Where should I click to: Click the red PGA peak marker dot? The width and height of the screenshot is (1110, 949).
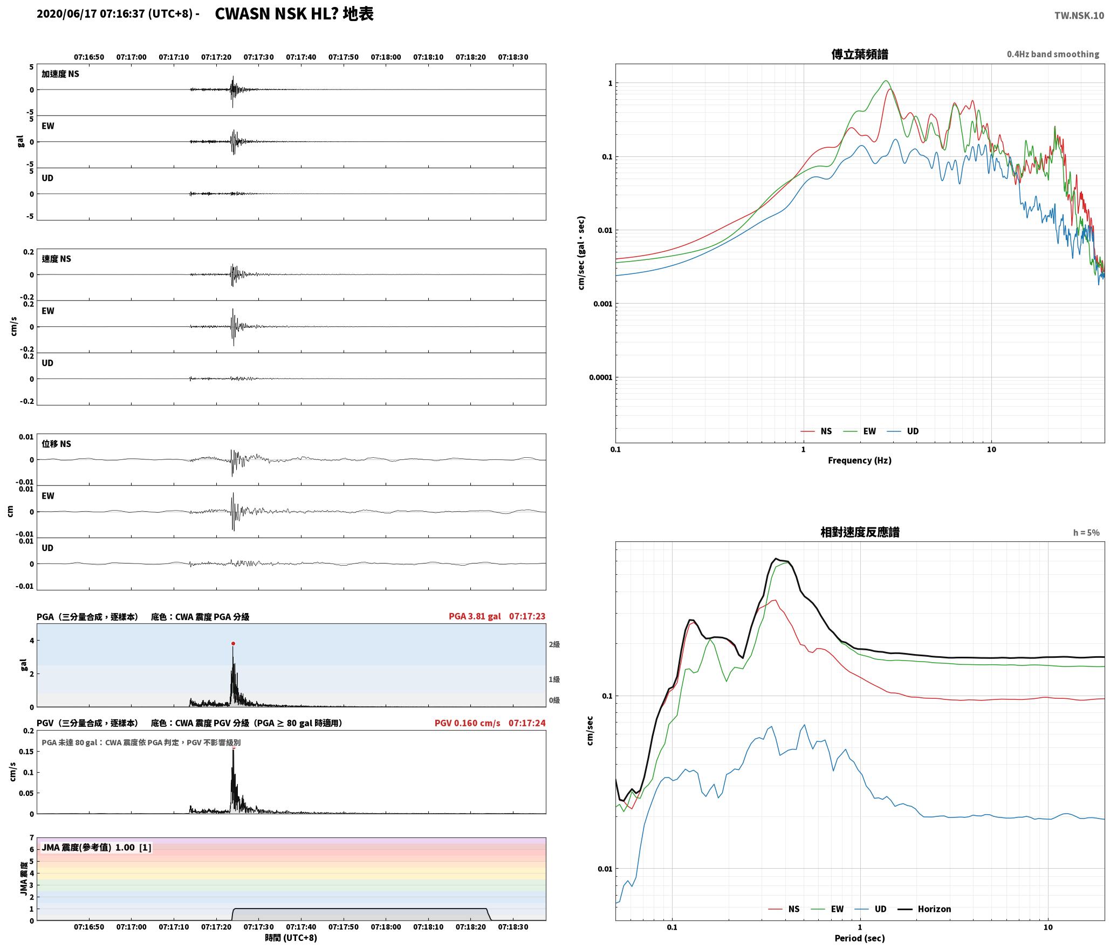pyautogui.click(x=233, y=643)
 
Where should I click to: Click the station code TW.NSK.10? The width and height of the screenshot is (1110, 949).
pyautogui.click(x=1079, y=16)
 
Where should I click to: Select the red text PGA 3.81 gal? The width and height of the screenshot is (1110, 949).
pyautogui.click(x=475, y=616)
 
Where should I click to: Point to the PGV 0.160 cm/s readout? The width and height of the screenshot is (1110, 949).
pyautogui.click(x=468, y=723)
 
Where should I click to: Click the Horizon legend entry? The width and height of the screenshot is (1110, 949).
pyautogui.click(x=924, y=909)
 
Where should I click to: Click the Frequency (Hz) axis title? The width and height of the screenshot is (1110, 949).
pyautogui.click(x=860, y=460)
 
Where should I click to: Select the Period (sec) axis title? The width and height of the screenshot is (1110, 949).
pyautogui.click(x=860, y=938)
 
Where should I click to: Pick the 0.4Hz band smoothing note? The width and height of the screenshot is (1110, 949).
pyautogui.click(x=1053, y=54)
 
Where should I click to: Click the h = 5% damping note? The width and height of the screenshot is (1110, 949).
pyautogui.click(x=1086, y=533)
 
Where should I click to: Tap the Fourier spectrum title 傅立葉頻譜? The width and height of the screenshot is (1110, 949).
pyautogui.click(x=860, y=54)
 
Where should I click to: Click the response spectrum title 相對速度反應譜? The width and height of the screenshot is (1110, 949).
pyautogui.click(x=860, y=532)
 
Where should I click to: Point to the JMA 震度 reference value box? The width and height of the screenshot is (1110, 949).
pyautogui.click(x=97, y=848)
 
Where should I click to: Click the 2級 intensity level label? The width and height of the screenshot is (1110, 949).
pyautogui.click(x=554, y=644)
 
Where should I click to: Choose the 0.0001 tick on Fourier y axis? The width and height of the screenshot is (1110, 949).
pyautogui.click(x=601, y=377)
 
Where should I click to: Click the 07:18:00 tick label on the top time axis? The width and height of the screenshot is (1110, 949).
pyautogui.click(x=386, y=57)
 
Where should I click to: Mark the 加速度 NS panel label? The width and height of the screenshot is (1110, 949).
pyautogui.click(x=60, y=74)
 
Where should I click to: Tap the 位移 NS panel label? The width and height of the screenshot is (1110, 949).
pyautogui.click(x=57, y=444)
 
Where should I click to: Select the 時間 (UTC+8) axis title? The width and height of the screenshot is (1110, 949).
pyautogui.click(x=291, y=938)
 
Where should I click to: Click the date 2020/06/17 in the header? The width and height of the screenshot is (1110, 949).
pyautogui.click(x=67, y=14)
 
